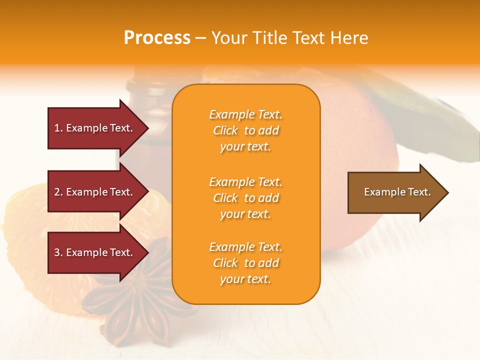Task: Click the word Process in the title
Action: (x=157, y=38)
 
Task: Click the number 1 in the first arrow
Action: (x=57, y=128)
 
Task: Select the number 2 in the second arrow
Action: (x=57, y=192)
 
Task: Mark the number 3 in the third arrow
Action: (x=57, y=252)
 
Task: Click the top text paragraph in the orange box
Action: (x=245, y=130)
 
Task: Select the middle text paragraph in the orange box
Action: (x=245, y=198)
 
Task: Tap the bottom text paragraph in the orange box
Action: (x=245, y=263)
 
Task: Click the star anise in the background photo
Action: (x=135, y=300)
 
